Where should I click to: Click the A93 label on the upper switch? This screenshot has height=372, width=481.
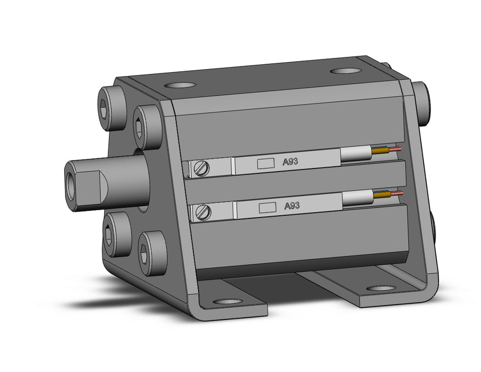pos(290,161)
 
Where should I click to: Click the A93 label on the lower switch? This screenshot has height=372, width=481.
pos(291,206)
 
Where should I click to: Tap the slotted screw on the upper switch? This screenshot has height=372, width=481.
pos(202,168)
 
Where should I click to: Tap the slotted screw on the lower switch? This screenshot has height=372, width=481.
pos(203,212)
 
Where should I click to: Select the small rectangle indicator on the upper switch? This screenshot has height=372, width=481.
pos(265,164)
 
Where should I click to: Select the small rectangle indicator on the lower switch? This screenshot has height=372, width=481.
pos(268,208)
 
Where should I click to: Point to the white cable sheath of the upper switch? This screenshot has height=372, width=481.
pos(356,154)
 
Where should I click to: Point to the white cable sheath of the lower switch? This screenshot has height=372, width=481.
pos(358,198)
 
